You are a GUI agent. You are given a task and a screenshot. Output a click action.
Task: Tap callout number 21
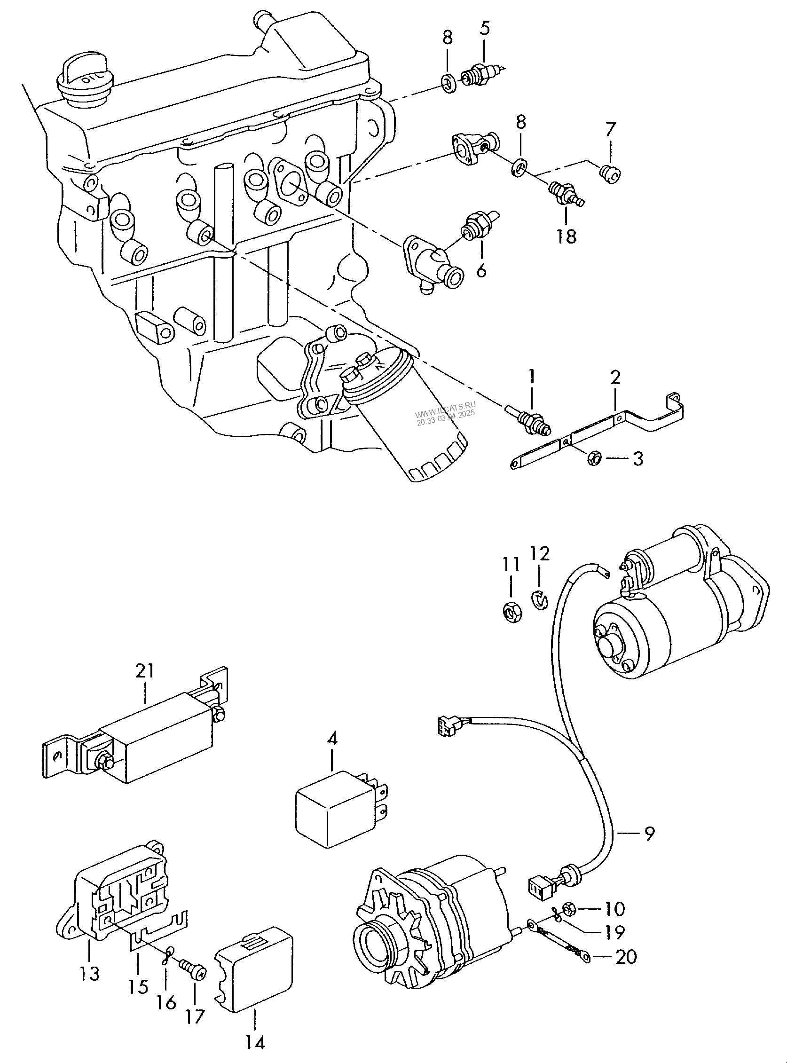[x=145, y=671]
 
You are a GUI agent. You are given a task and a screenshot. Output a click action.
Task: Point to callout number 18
[x=567, y=236]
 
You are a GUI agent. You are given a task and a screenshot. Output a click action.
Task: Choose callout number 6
[x=481, y=270]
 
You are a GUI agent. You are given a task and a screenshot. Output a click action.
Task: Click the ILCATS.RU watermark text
[x=445, y=402]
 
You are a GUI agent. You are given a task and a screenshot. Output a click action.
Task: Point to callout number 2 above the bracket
[x=615, y=378]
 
